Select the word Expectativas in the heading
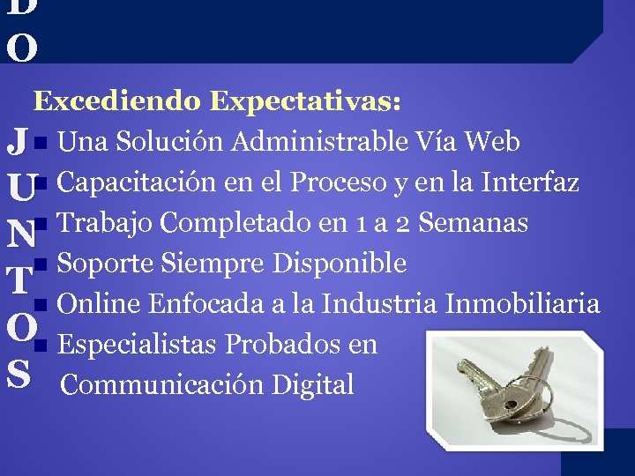pyautogui.click(x=305, y=101)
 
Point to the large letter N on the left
pyautogui.click(x=19, y=234)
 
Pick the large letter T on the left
pyautogui.click(x=19, y=280)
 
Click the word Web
pyautogui.click(x=491, y=141)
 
